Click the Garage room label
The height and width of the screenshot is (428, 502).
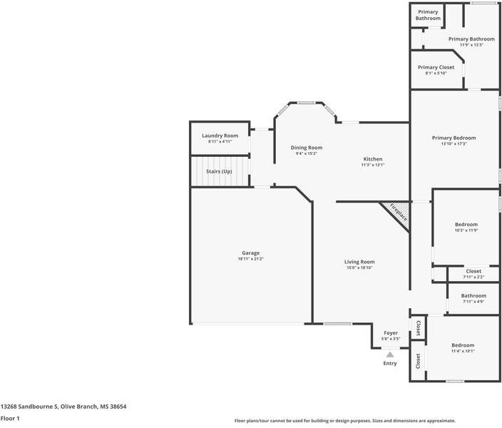(251, 253)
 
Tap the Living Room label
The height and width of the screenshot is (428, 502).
(359, 262)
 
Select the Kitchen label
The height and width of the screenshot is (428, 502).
(373, 159)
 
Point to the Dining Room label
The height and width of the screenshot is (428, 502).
(307, 148)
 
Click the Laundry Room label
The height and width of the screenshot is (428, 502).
(220, 136)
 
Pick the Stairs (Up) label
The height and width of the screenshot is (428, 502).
(219, 171)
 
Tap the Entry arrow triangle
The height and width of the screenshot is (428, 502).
(390, 355)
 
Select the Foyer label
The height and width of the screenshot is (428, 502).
(391, 333)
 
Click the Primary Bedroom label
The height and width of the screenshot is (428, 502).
(454, 138)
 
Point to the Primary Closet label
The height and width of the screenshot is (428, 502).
(436, 67)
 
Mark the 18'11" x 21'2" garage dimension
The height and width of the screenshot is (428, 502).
(251, 259)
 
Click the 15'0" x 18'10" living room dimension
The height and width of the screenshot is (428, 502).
(359, 267)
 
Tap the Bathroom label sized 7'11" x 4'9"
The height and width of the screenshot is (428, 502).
(473, 296)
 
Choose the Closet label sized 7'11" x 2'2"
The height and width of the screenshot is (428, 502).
(473, 271)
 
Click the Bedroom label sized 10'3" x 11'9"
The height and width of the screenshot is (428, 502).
(466, 225)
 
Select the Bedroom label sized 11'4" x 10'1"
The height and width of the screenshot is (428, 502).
(463, 345)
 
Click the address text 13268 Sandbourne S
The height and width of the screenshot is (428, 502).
(29, 407)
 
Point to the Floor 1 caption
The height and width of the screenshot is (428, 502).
(10, 419)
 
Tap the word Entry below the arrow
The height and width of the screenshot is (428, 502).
(390, 363)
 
